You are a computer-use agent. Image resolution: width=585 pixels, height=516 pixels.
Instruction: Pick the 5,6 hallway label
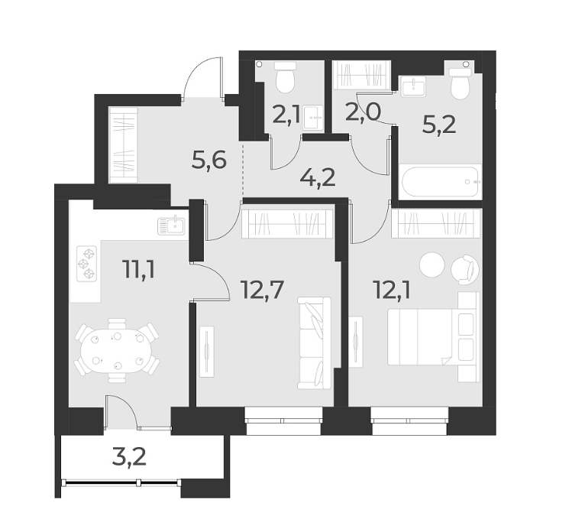click(x=208, y=161)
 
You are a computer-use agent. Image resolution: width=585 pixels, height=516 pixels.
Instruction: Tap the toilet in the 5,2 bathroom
click(x=460, y=84)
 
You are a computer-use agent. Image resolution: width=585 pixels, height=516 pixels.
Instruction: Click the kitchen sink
click(x=172, y=225)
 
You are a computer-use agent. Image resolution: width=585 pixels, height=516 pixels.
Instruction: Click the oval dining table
click(x=115, y=349)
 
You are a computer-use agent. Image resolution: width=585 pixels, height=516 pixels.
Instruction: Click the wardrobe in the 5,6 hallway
click(x=123, y=144)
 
